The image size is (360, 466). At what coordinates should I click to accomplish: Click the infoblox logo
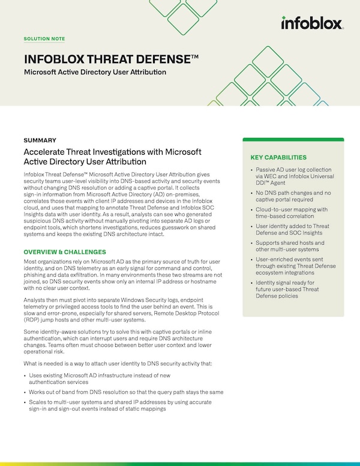(x=311, y=23)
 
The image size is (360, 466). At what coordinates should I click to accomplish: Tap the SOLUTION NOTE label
(x=44, y=39)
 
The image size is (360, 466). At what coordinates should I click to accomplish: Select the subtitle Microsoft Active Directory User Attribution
(x=95, y=72)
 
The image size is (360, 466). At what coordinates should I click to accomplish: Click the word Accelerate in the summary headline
(x=47, y=152)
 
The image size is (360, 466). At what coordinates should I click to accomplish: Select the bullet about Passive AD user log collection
(x=294, y=178)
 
